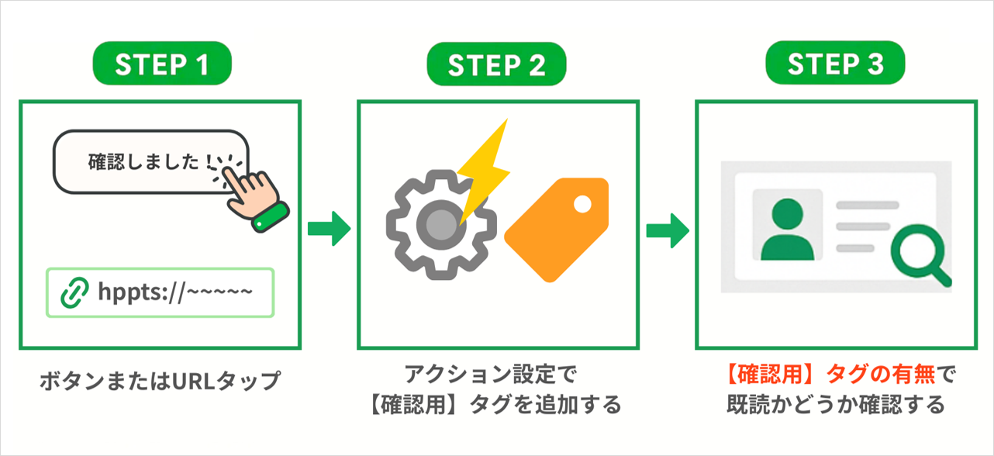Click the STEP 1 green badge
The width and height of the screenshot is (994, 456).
[162, 65]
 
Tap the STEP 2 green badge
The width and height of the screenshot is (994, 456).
[497, 65]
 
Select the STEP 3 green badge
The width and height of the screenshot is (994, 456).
[835, 65]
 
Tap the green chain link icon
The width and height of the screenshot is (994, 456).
[75, 292]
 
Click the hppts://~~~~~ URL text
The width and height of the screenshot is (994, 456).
[175, 292]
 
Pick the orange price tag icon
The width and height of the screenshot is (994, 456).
[558, 228]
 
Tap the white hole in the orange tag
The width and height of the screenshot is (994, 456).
[582, 205]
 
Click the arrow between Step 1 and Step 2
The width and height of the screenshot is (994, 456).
[329, 230]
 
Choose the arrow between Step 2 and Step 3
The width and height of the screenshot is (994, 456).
[667, 230]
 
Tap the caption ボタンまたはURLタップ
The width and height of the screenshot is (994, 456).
[159, 382]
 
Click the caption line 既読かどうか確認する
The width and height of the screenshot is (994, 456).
[835, 404]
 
